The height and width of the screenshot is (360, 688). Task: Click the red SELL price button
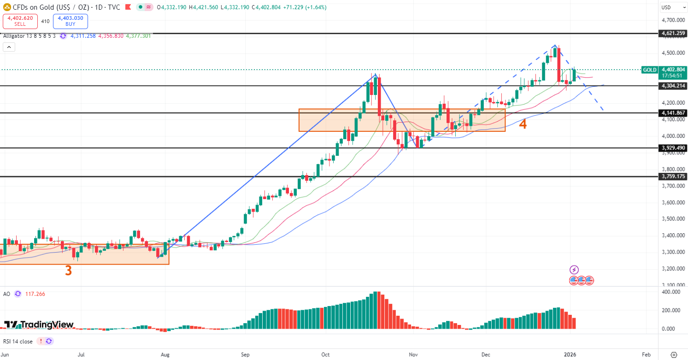[20, 21]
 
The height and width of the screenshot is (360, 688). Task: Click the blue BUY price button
[70, 21]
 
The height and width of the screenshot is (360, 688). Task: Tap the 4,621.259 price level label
[673, 34]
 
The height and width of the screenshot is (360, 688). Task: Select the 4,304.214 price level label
[673, 86]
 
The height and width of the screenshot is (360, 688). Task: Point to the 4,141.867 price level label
[673, 113]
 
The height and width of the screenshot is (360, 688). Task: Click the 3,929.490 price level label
[673, 148]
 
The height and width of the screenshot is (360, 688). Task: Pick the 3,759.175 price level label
[673, 177]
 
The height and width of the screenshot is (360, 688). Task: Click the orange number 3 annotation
[68, 271]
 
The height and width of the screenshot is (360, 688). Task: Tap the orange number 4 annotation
[523, 124]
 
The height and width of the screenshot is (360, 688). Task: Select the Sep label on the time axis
[245, 354]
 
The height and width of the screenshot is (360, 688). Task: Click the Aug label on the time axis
[165, 354]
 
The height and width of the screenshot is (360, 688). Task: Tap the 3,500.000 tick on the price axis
[672, 219]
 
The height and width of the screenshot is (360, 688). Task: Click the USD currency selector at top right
[666, 7]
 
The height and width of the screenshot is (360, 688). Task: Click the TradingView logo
[39, 325]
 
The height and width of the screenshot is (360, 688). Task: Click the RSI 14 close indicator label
[18, 342]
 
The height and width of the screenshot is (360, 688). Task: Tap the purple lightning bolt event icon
[574, 270]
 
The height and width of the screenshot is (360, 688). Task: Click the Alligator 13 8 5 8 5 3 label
[29, 36]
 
